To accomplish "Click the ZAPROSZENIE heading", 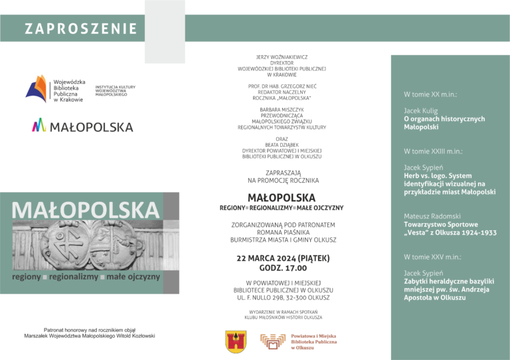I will [x=81, y=29].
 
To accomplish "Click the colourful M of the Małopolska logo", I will [x=39, y=125].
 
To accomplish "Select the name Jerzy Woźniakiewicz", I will [x=282, y=57].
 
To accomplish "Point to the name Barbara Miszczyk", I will [x=282, y=110].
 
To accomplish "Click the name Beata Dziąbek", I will [x=282, y=145].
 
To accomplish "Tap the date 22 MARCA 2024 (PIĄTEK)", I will [x=282, y=258].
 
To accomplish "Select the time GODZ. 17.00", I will [x=282, y=268].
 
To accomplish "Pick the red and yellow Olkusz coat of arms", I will [x=236, y=341].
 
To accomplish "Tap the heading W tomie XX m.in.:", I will [x=430, y=94].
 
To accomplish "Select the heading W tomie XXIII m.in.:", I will [x=433, y=151].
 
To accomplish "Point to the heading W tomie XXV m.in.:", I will [x=432, y=256].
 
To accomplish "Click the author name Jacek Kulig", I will [x=421, y=111].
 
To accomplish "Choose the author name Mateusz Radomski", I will [x=432, y=217].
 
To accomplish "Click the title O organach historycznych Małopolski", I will [x=444, y=123].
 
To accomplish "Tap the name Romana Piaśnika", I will [x=282, y=232].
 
